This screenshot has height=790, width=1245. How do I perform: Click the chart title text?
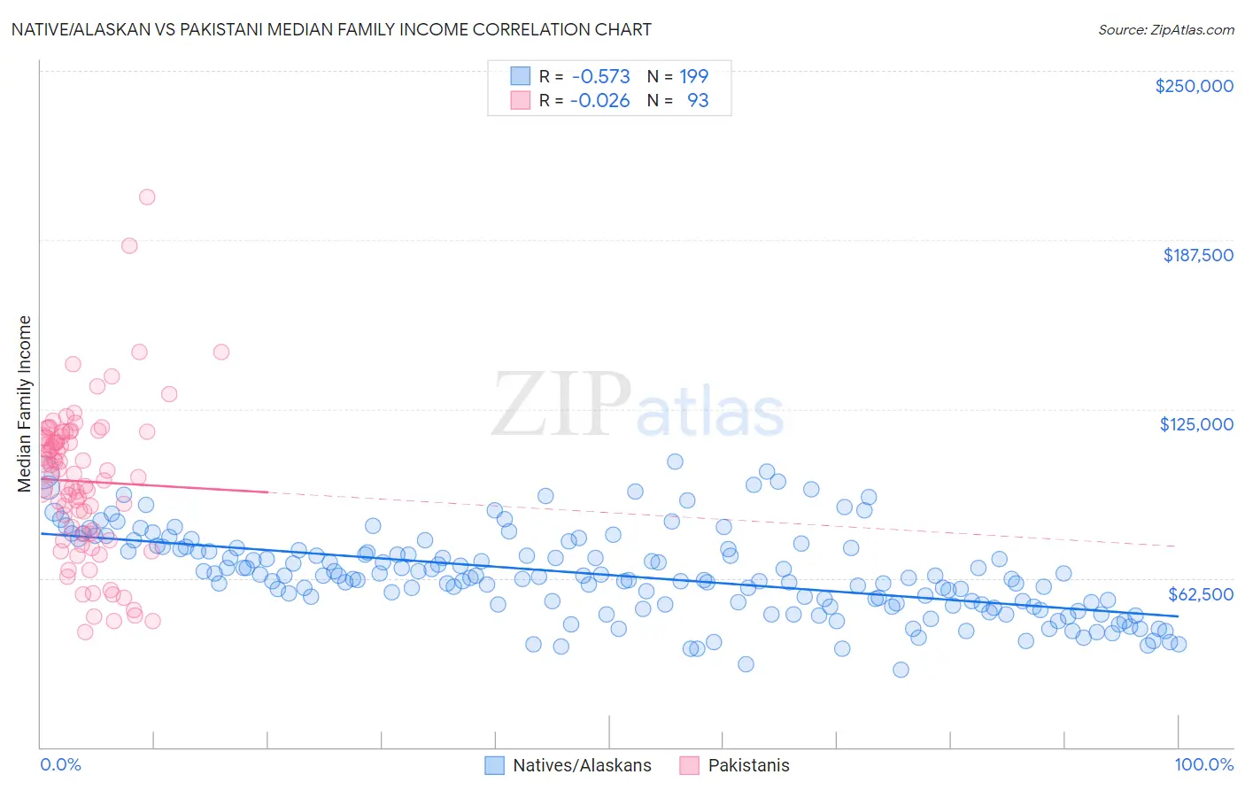click(331, 29)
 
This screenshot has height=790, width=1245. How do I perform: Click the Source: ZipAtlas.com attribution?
click(1165, 29)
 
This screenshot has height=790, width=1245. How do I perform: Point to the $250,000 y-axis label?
click(1194, 86)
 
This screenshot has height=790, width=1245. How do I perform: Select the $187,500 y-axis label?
click(1197, 255)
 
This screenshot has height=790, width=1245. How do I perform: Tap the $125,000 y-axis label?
click(1196, 424)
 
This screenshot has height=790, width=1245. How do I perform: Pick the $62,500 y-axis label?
click(1200, 594)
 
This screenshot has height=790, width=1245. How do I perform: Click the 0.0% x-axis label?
click(60, 764)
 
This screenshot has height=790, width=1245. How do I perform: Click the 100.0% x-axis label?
click(1203, 764)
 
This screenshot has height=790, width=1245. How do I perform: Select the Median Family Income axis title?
click(25, 404)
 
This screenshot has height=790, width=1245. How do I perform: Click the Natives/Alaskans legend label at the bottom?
click(582, 765)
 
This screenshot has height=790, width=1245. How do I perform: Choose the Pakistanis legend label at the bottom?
click(748, 765)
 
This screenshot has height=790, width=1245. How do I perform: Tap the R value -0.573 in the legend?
click(599, 76)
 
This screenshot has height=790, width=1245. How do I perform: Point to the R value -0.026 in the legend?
click(599, 100)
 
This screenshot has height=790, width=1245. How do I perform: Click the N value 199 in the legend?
click(693, 76)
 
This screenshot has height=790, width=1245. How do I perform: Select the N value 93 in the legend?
click(698, 100)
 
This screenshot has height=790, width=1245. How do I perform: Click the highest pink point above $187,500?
click(147, 197)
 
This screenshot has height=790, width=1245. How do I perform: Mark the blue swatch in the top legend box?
click(520, 76)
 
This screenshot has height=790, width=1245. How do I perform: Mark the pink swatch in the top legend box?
click(520, 100)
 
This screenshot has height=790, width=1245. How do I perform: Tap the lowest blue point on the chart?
click(901, 670)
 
